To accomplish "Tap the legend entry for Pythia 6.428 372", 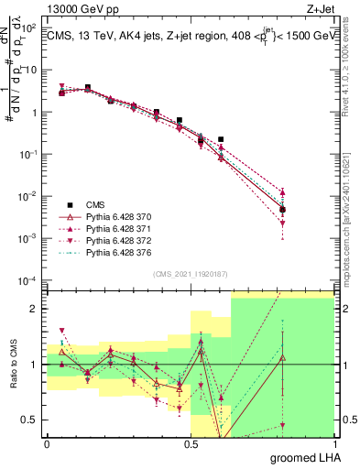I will (110, 240).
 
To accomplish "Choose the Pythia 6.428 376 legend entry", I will (110, 252).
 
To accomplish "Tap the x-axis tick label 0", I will (47, 444).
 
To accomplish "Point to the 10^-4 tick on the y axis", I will (29, 279).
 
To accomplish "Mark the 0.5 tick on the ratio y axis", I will (31, 420).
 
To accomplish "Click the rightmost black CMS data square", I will (283, 210).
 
